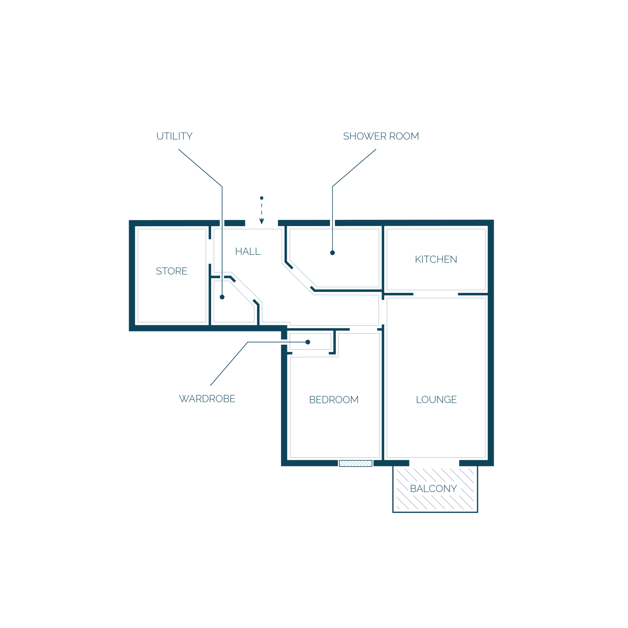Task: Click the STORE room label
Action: [x=172, y=271]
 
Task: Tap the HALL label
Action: [x=248, y=252]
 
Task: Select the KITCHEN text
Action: [x=436, y=259]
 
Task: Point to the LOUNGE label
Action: [x=436, y=400]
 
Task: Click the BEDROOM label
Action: [x=334, y=400]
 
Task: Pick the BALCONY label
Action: [x=433, y=489]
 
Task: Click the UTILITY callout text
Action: [x=174, y=136]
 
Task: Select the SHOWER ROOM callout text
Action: [x=381, y=136]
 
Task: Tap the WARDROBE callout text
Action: [x=207, y=399]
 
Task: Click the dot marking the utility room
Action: [x=222, y=297]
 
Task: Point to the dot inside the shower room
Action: [x=332, y=253]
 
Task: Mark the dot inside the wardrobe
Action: [x=308, y=342]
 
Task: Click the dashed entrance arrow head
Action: [x=262, y=221]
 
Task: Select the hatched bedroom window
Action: [x=356, y=464]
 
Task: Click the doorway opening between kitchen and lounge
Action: [x=436, y=294]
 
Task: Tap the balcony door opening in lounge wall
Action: [x=434, y=463]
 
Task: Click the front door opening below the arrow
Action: [x=262, y=223]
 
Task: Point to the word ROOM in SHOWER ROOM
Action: [x=404, y=136]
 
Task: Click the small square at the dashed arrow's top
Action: [x=262, y=198]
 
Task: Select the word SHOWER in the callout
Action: [x=365, y=136]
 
